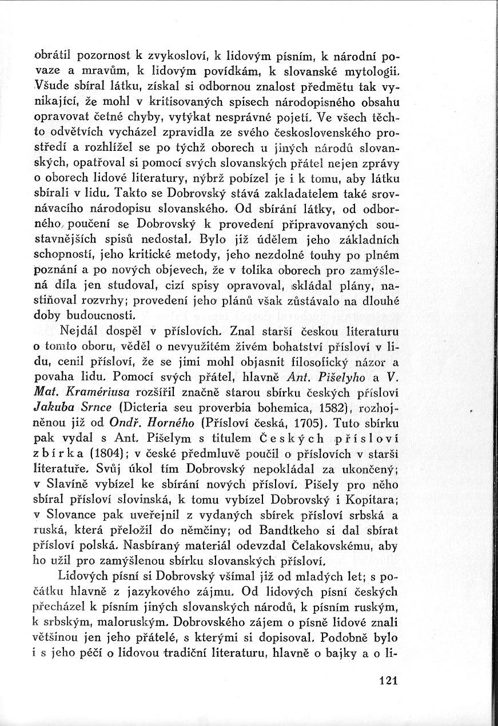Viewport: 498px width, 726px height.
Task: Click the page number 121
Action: (x=388, y=680)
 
